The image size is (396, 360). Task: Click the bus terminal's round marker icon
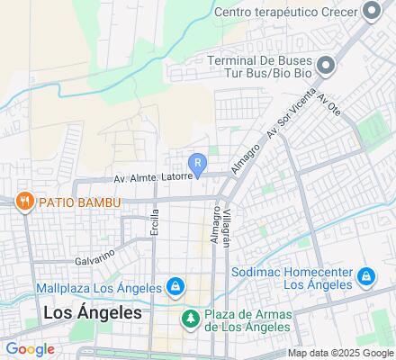click(328, 64)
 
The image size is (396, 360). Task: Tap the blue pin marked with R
click(199, 164)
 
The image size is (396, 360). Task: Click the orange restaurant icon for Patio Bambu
click(22, 202)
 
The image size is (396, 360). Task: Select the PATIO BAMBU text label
click(78, 202)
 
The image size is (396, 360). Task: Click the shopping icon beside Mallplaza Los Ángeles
click(176, 288)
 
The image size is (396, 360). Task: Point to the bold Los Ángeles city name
click(93, 313)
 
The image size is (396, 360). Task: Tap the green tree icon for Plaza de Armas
click(190, 318)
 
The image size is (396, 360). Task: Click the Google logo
click(30, 349)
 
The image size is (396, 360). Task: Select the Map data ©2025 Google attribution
click(340, 353)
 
